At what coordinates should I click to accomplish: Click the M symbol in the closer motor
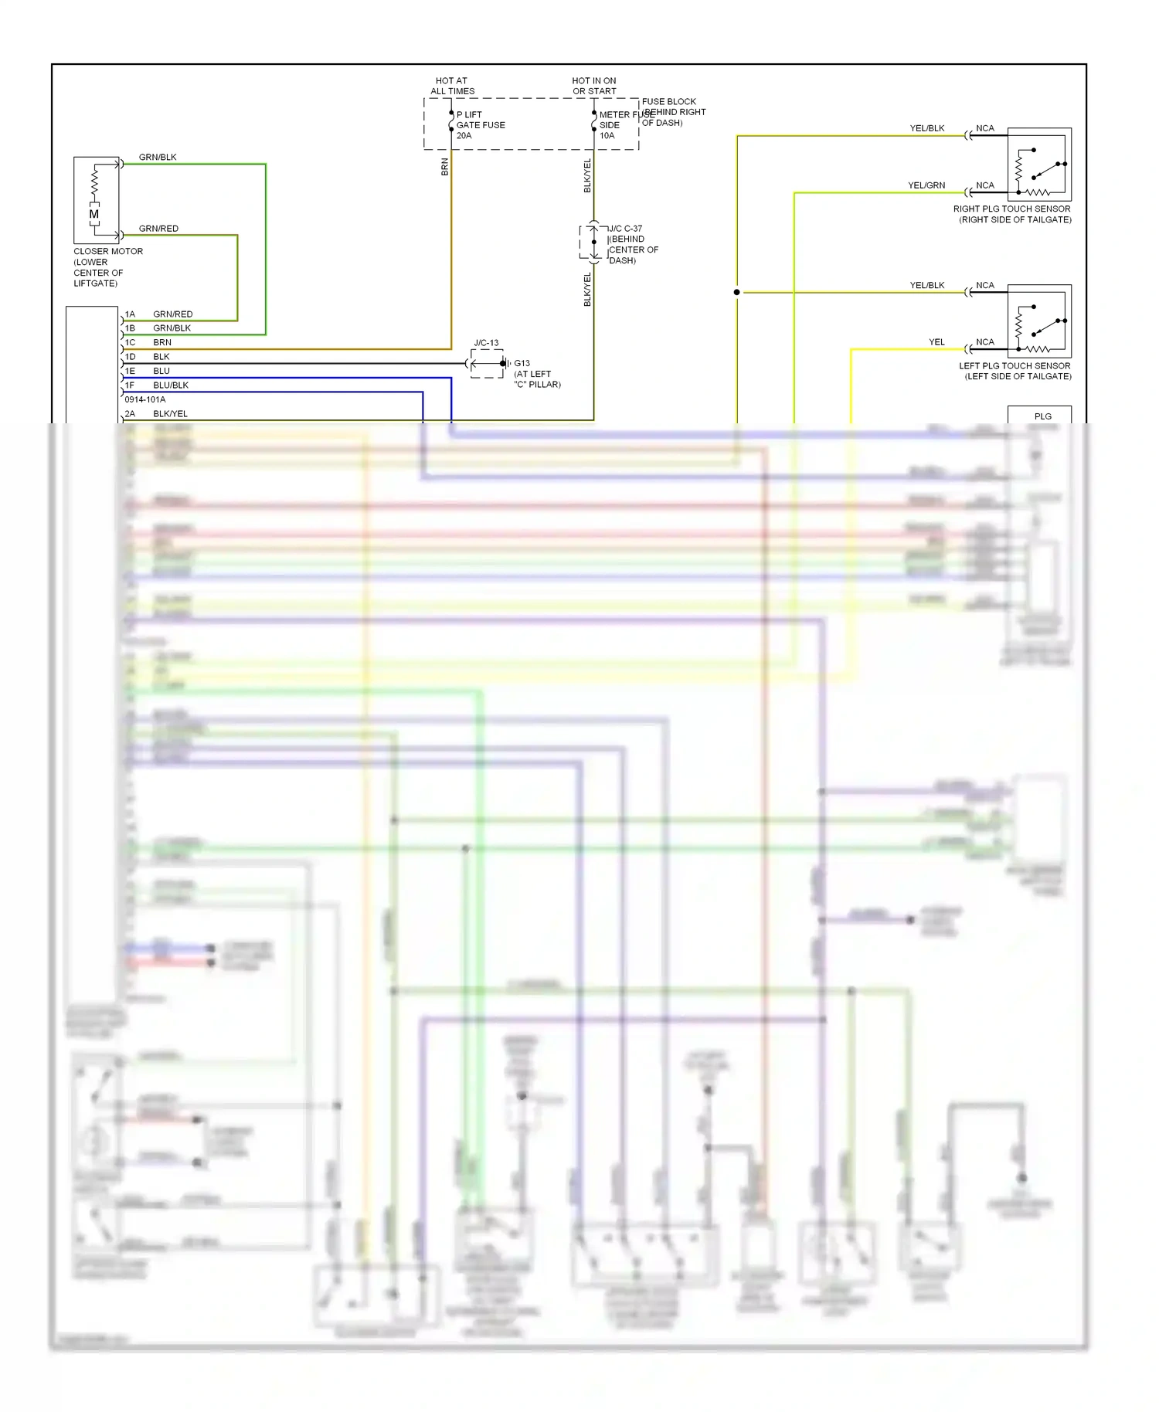pyautogui.click(x=94, y=214)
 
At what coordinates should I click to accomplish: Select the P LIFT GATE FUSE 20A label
pyautogui.click(x=480, y=125)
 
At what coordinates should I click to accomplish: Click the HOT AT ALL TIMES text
pyautogui.click(x=452, y=86)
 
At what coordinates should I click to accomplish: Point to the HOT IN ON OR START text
pyautogui.click(x=594, y=86)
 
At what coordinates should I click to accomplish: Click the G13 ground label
pyautogui.click(x=522, y=363)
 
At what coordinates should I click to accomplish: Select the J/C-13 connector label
pyautogui.click(x=486, y=343)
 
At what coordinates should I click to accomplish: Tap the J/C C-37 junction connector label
pyautogui.click(x=625, y=229)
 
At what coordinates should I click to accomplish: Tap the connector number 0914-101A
pyautogui.click(x=144, y=399)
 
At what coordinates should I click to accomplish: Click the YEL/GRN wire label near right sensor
pyautogui.click(x=926, y=185)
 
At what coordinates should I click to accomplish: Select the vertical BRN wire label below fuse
pyautogui.click(x=444, y=167)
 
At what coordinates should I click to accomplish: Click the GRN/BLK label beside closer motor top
pyautogui.click(x=158, y=157)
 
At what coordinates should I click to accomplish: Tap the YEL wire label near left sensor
pyautogui.click(x=936, y=342)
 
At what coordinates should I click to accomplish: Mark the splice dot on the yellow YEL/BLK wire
pyautogui.click(x=737, y=292)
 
